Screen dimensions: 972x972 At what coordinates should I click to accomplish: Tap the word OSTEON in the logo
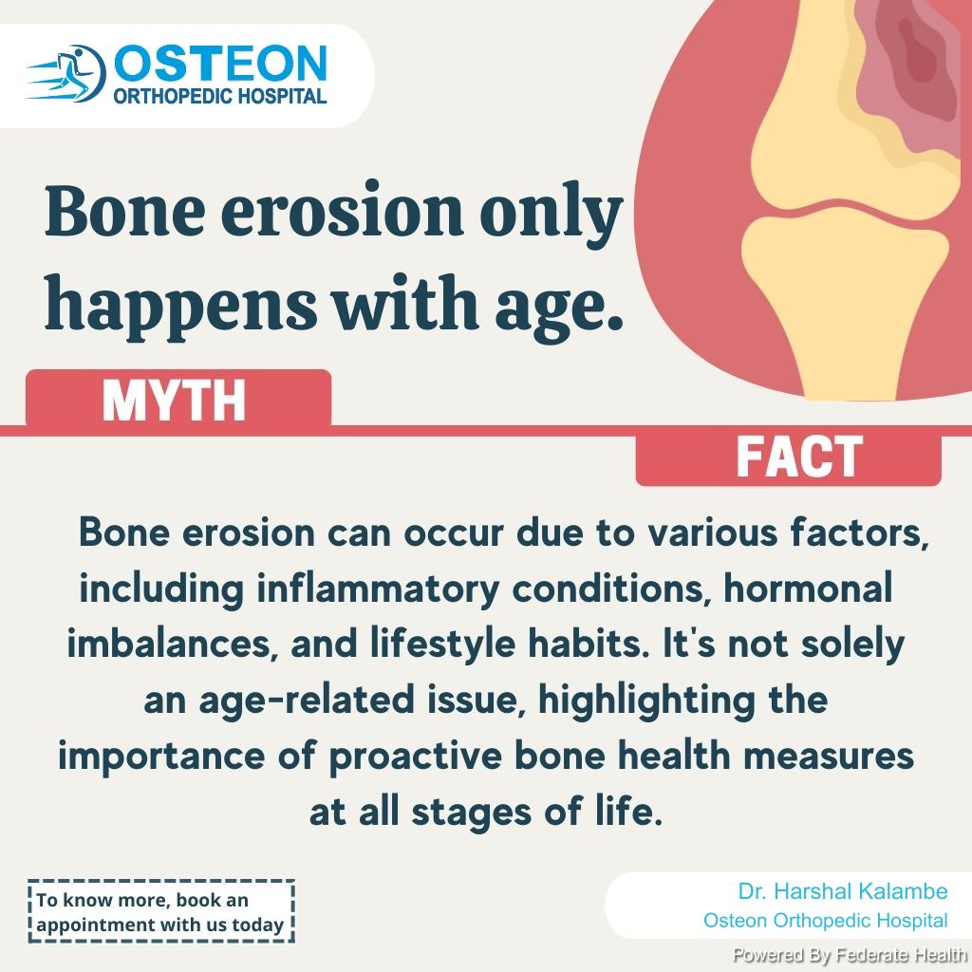click(220, 64)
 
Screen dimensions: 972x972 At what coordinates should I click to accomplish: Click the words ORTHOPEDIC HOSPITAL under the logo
click(220, 96)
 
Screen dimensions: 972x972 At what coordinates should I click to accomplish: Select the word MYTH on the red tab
click(175, 401)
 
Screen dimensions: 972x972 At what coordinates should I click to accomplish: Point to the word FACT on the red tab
click(799, 457)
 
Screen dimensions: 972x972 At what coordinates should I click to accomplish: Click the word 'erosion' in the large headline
click(342, 210)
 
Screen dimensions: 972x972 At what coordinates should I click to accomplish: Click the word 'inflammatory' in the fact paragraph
click(378, 589)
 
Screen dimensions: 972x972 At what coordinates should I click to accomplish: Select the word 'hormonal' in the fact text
click(809, 588)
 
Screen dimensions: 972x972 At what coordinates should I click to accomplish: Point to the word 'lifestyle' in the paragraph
click(442, 645)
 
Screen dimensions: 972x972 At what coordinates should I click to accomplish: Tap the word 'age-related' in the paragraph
click(279, 701)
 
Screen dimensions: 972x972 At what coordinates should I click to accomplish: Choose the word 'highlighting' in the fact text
click(646, 701)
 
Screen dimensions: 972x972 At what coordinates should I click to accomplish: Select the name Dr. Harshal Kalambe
click(843, 891)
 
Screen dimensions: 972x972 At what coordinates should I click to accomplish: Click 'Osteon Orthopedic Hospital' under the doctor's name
click(825, 921)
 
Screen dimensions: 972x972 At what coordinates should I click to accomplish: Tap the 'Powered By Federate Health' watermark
click(850, 955)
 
